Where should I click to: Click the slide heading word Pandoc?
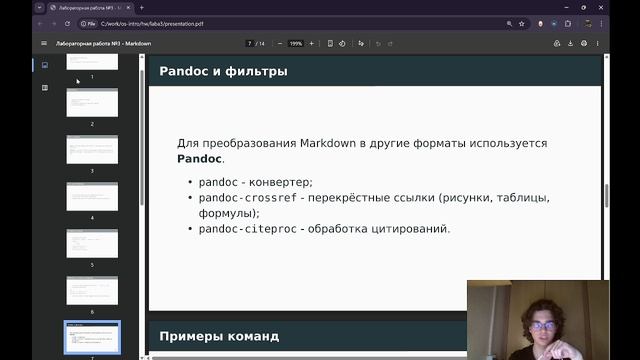click(183, 71)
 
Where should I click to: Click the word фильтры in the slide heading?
click(256, 71)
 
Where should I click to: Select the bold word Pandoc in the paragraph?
click(200, 159)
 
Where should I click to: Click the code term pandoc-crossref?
click(249, 198)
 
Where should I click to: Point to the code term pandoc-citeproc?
click(246, 229)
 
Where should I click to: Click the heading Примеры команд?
click(220, 335)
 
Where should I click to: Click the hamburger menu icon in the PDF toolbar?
click(44, 44)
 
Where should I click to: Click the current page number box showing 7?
click(250, 44)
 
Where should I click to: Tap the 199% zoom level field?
click(296, 44)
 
